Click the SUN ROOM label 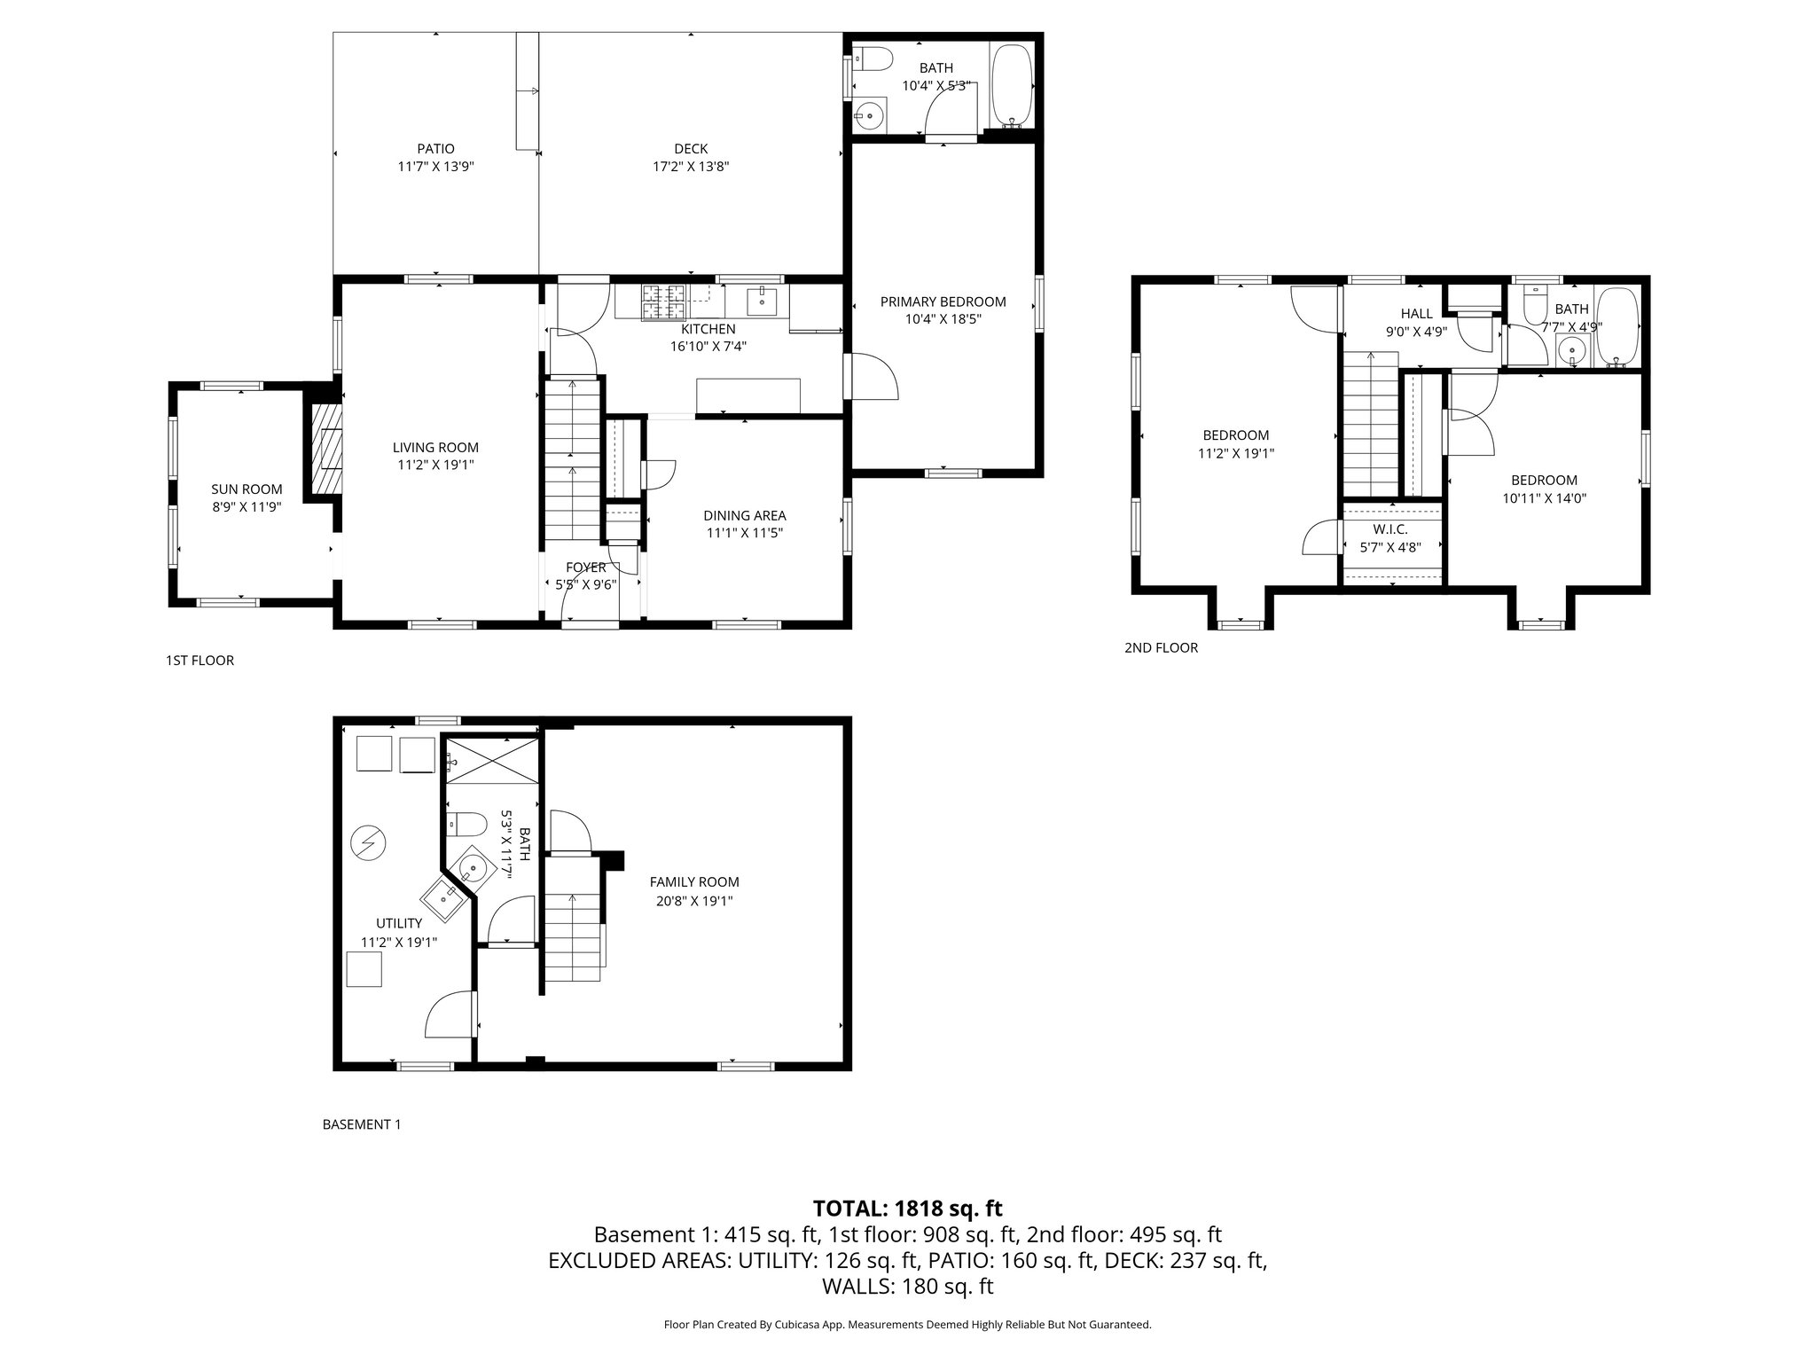click(x=247, y=489)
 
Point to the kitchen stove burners click(x=664, y=301)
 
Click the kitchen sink click(x=762, y=301)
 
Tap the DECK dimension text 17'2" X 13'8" click(x=690, y=167)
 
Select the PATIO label click(x=435, y=149)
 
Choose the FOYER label click(x=586, y=567)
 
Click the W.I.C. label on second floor click(x=1389, y=529)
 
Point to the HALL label click(x=1416, y=314)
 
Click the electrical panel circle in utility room click(x=367, y=841)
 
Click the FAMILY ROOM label click(x=693, y=881)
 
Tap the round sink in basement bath click(x=474, y=868)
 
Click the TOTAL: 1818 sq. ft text click(x=907, y=1208)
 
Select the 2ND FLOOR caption click(x=1161, y=648)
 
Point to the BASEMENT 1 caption click(x=361, y=1124)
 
